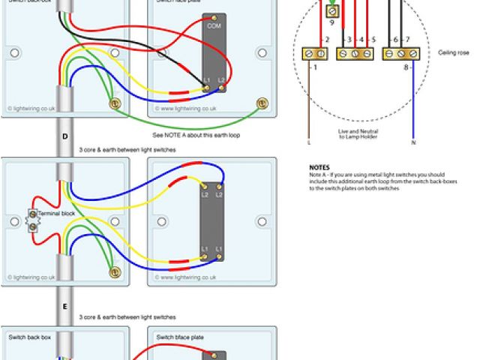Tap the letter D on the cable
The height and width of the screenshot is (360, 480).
[x=65, y=136]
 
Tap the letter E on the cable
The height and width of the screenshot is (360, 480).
[x=65, y=307]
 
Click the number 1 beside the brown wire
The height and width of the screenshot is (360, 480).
[x=314, y=68]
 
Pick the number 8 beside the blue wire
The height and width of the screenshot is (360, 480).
[x=406, y=68]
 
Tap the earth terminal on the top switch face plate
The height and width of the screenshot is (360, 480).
[x=262, y=103]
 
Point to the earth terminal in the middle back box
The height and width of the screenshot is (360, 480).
[x=114, y=274]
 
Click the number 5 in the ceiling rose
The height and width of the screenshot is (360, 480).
[x=373, y=39]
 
